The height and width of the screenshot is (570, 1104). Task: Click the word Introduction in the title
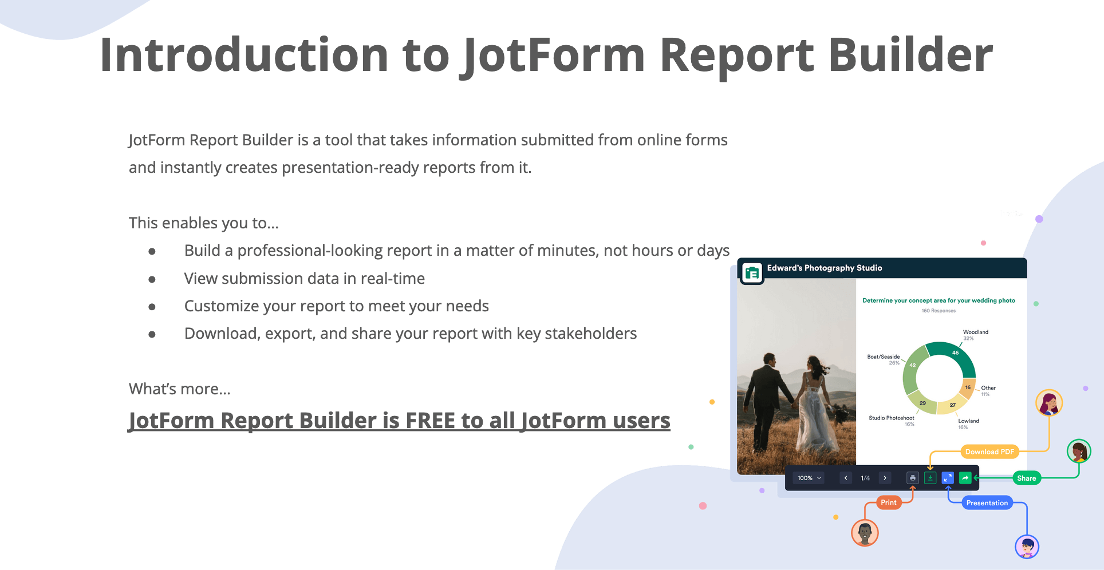[245, 55]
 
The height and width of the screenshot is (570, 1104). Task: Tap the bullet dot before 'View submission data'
[152, 279]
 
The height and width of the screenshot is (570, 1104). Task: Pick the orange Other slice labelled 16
[968, 389]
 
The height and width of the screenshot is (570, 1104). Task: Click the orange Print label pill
[889, 502]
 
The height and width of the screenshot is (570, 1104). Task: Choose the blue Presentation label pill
[987, 503]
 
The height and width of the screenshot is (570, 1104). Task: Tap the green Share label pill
[1027, 478]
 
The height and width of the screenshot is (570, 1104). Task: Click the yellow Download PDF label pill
[989, 452]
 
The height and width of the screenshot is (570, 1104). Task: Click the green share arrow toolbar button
[965, 478]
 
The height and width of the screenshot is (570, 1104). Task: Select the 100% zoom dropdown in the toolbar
[809, 478]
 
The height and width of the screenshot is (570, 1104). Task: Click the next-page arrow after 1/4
[885, 478]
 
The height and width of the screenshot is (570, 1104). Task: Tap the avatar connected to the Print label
[865, 533]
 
